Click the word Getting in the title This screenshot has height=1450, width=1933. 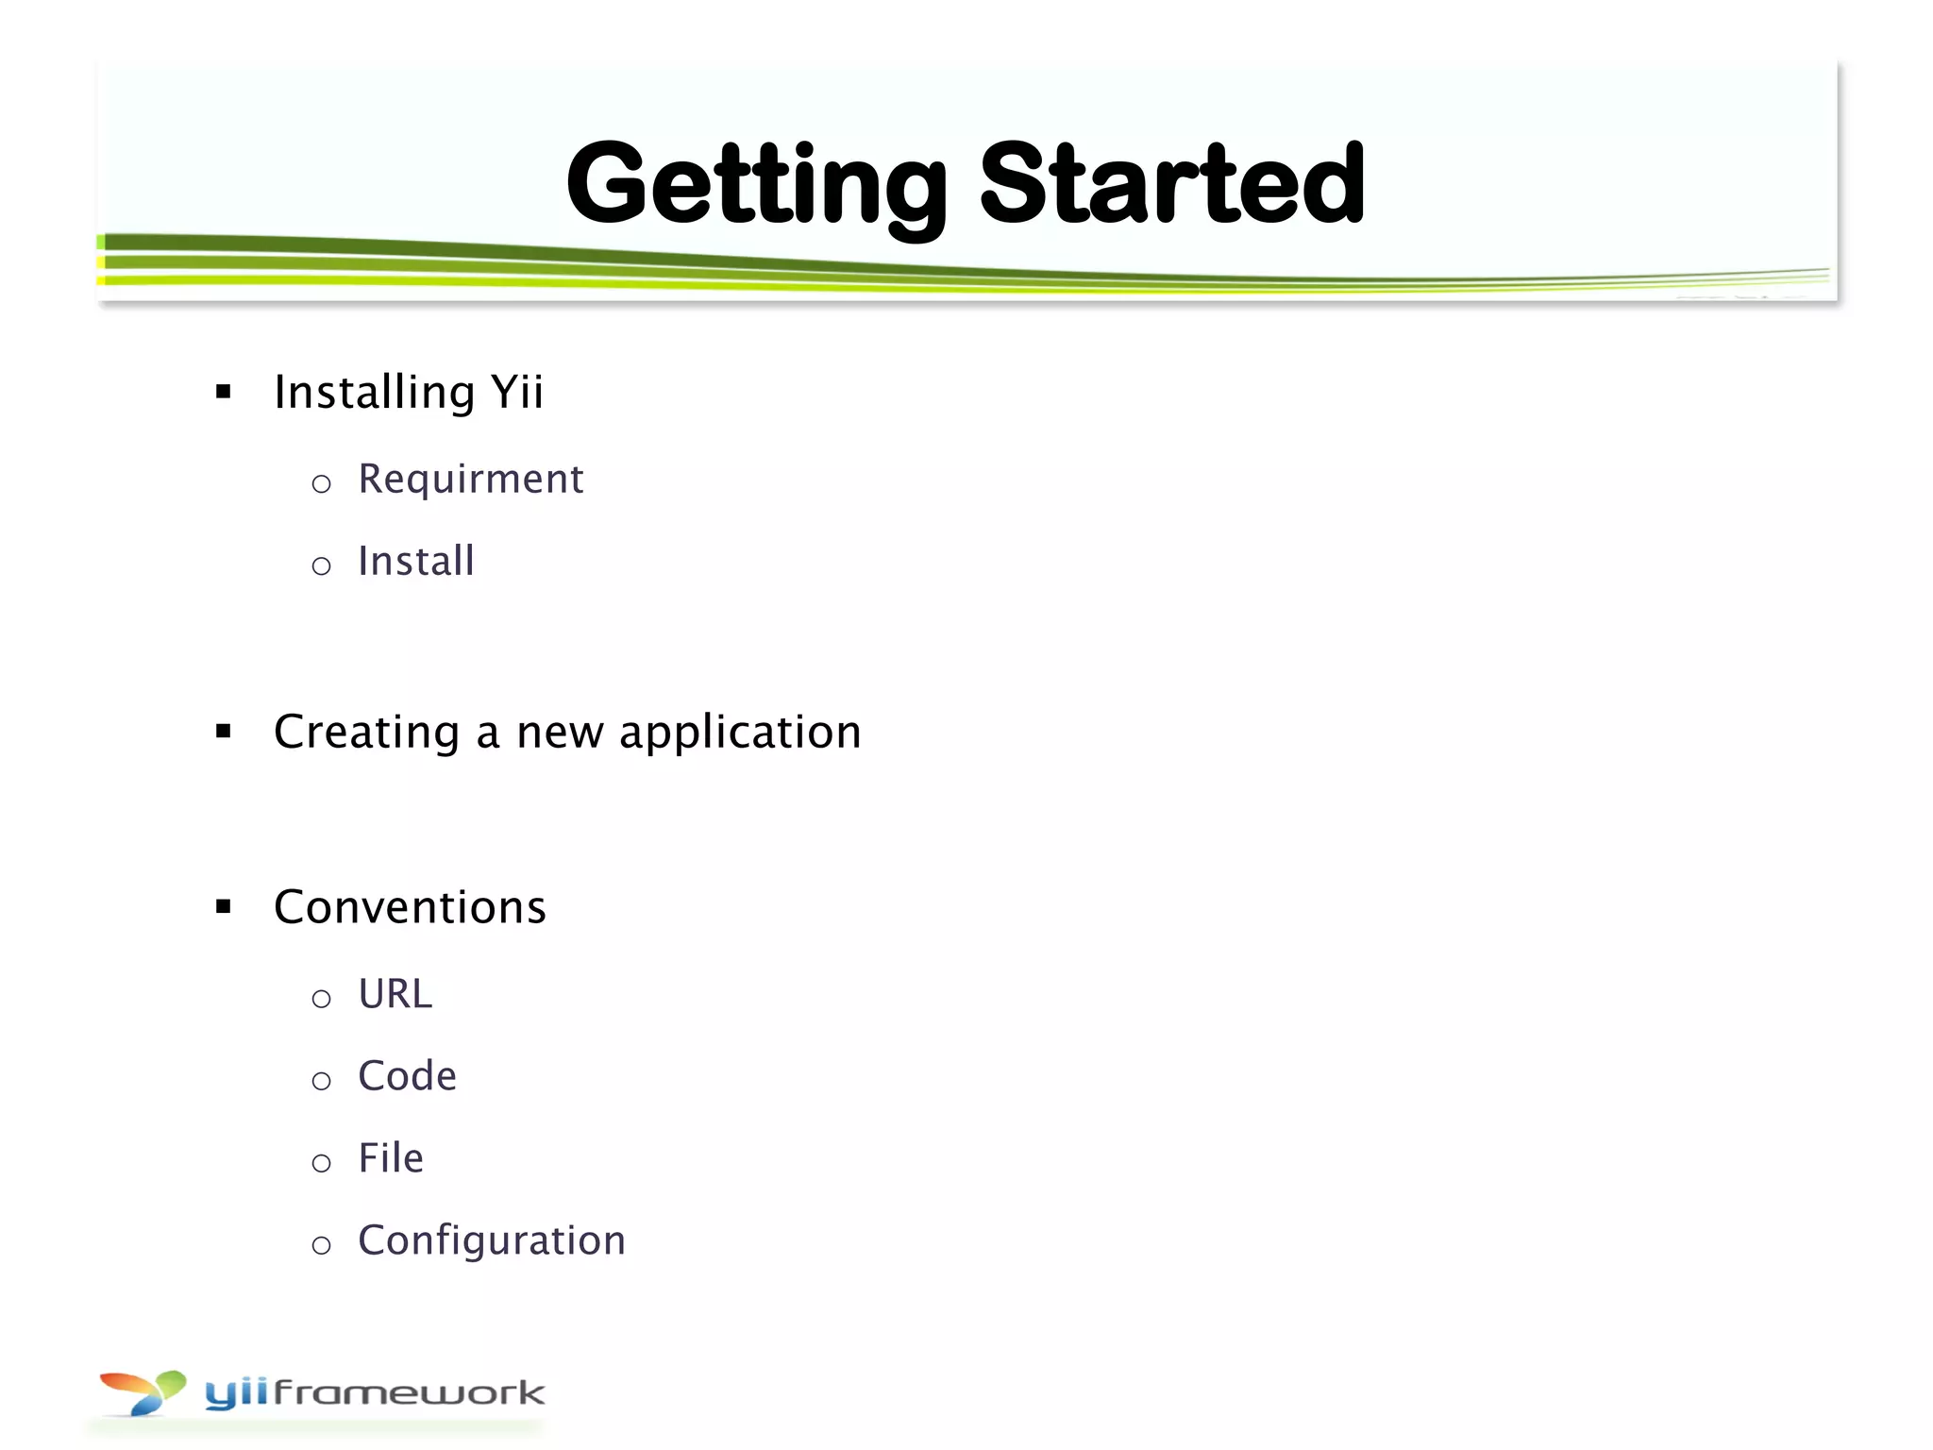[x=755, y=184]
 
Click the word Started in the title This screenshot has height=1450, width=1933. [x=1172, y=184]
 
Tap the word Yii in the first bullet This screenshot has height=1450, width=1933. [x=516, y=392]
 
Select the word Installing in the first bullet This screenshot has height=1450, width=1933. [x=374, y=392]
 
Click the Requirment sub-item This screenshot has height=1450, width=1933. [x=470, y=480]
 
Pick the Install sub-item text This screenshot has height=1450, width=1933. [x=415, y=562]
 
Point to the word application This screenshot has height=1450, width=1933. [x=740, y=733]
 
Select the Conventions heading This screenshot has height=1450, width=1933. [x=410, y=907]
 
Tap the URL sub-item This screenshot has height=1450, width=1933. [x=395, y=994]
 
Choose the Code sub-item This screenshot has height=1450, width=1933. [x=407, y=1076]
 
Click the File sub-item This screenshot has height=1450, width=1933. [x=391, y=1158]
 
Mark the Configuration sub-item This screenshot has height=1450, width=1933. [x=491, y=1240]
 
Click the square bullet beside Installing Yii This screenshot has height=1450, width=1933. [x=224, y=392]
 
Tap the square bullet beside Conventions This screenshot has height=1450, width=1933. [x=224, y=907]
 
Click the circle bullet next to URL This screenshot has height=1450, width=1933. [x=321, y=999]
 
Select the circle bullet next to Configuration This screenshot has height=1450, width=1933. [x=321, y=1245]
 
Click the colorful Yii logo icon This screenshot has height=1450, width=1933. [x=143, y=1392]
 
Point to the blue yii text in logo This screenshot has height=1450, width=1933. [x=236, y=1393]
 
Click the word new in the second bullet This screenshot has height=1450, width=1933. [x=560, y=733]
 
